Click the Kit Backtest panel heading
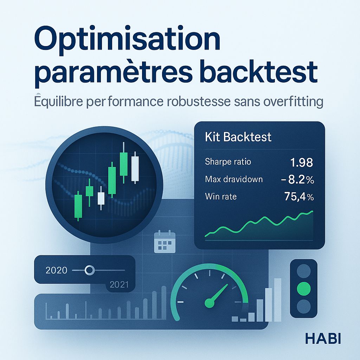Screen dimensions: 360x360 click(238, 136)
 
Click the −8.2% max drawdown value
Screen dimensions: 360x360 click(297, 180)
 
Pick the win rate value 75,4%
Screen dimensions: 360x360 click(298, 197)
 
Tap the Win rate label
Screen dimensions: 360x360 click(220, 197)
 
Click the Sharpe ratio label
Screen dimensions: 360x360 click(228, 162)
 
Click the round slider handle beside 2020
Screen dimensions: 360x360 click(90, 270)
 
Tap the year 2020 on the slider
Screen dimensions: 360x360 click(56, 270)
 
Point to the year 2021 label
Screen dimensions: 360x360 click(119, 285)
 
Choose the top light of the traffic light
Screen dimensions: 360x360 click(304, 271)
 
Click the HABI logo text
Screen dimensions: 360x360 click(323, 338)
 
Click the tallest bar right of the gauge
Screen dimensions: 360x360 click(277, 300)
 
